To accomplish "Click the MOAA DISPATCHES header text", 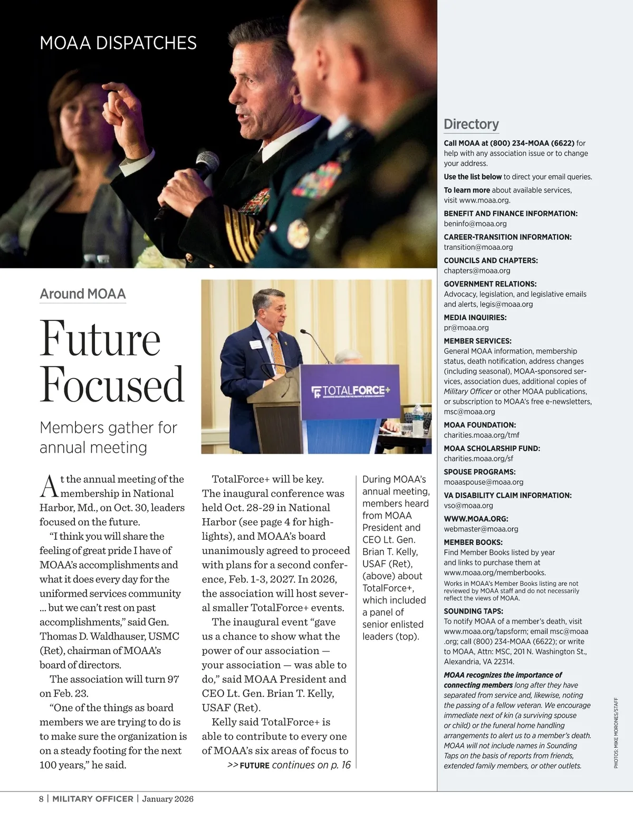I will coord(118,43).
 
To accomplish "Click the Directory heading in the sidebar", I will coord(471,125).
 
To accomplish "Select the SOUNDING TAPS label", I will coord(469,612).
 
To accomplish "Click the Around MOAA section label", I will coord(83,294).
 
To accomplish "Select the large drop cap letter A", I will coord(49,486).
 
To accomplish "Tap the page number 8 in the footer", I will coord(42,799).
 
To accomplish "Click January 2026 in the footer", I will coord(168,799).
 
